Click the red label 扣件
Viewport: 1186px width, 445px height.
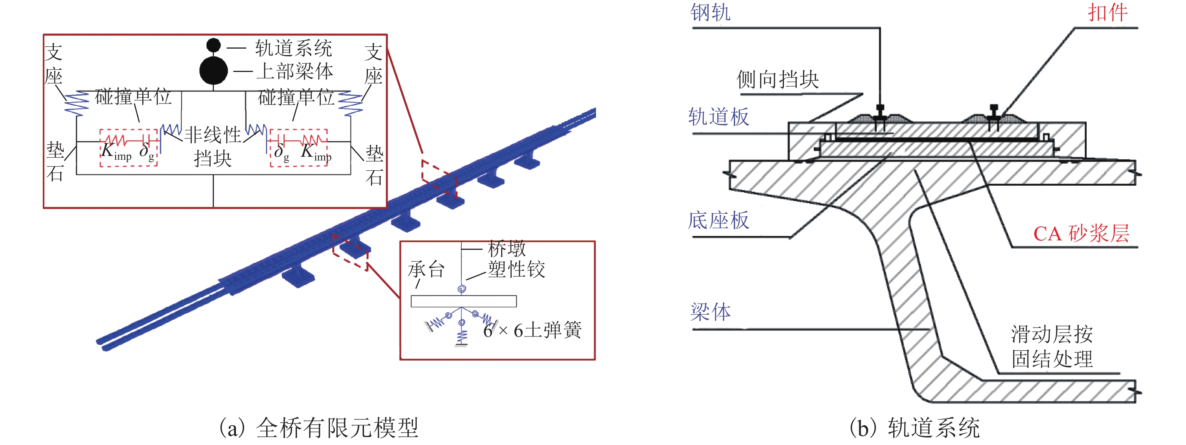1108,12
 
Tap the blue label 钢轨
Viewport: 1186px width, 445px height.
710,12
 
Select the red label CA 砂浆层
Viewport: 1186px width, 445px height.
1081,234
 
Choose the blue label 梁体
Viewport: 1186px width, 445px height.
710,312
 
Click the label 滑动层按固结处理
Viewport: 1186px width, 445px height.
1052,346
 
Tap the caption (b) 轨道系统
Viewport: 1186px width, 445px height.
915,428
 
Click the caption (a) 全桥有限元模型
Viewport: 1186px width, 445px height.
319,428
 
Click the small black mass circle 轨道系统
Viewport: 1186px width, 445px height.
213,45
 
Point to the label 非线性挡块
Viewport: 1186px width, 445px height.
213,147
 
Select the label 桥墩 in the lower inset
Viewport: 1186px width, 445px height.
507,249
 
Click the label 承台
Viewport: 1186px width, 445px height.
426,269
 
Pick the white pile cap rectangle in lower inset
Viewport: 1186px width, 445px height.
463,301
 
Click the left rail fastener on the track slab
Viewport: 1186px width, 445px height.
880,118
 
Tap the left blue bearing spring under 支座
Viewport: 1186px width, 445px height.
76,104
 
